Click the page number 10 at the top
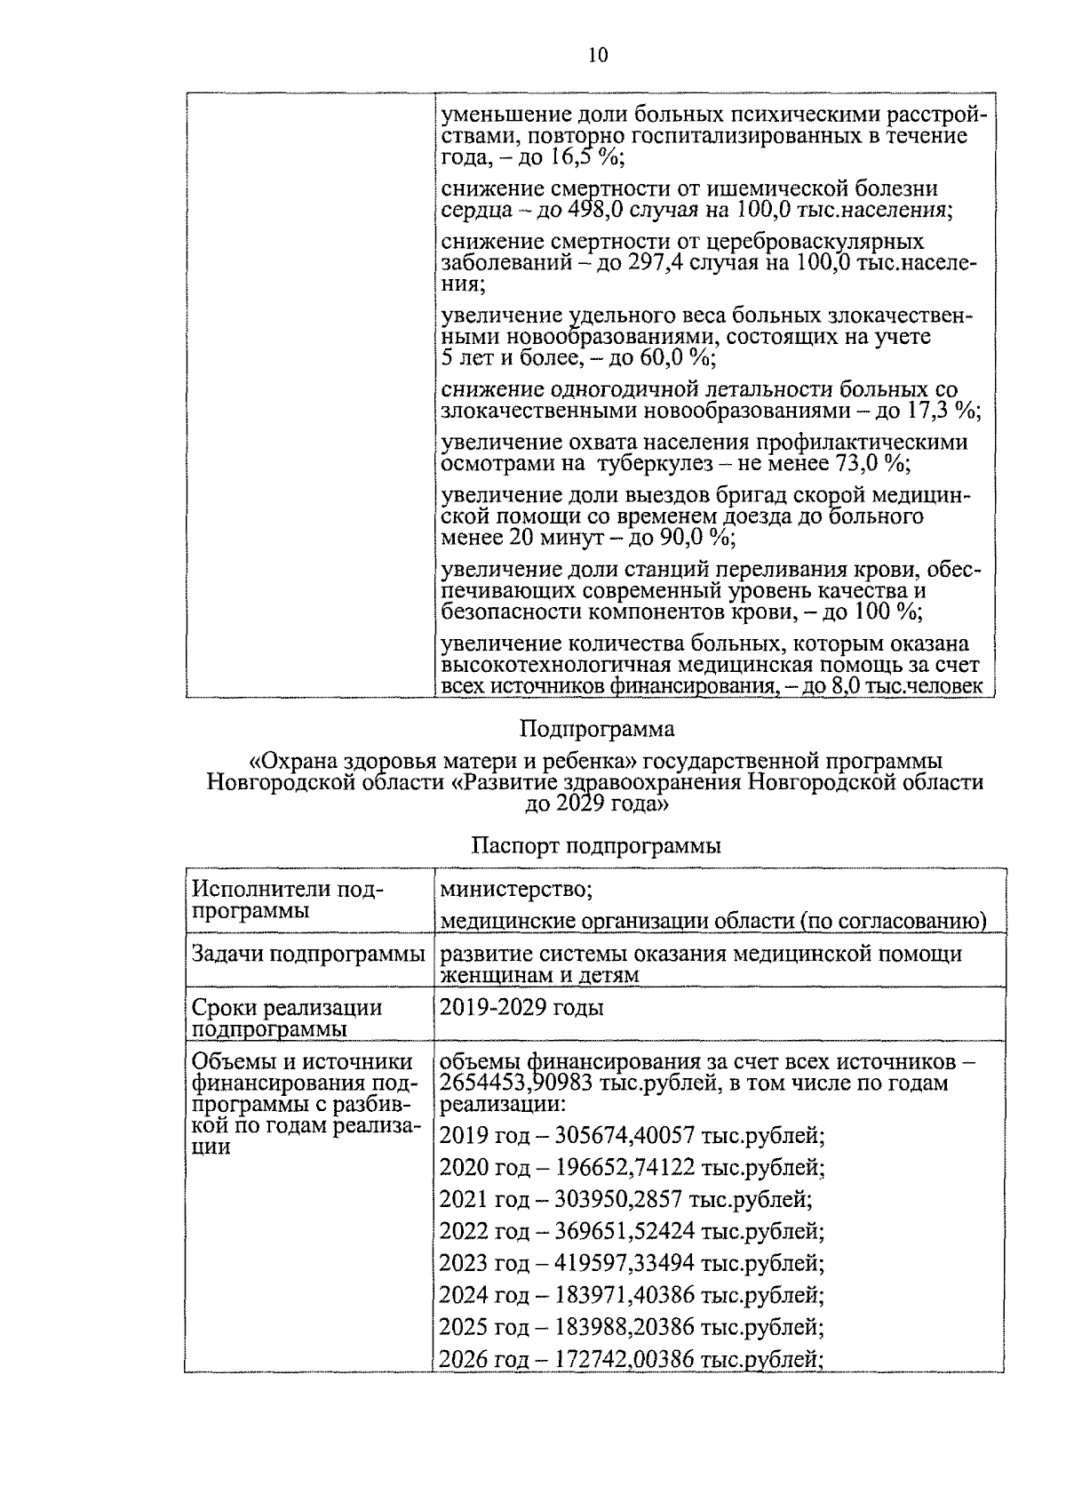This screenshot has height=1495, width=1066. pyautogui.click(x=598, y=55)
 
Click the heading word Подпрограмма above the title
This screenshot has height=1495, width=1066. pyautogui.click(x=597, y=730)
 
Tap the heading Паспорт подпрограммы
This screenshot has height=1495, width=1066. pyautogui.click(x=596, y=846)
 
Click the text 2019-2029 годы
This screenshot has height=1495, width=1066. pyautogui.click(x=522, y=1007)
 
